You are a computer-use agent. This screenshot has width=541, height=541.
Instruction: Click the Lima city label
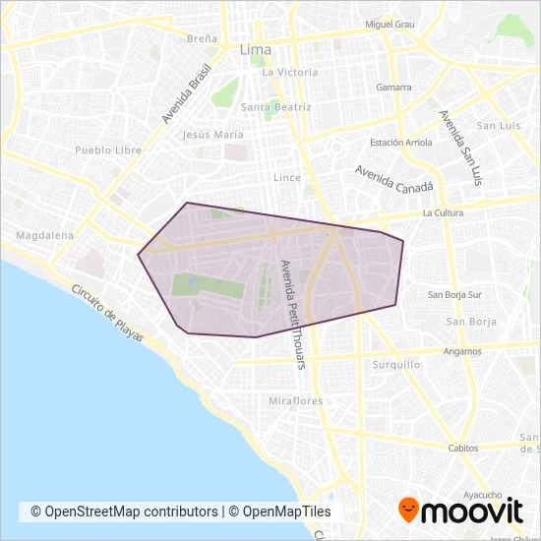(256, 48)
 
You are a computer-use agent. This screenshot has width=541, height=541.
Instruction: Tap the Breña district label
(202, 39)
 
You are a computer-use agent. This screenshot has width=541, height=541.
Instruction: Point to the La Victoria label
(289, 72)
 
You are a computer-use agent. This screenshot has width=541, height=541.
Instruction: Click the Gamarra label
(393, 88)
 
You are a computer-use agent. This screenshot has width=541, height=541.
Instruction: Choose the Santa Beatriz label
(275, 106)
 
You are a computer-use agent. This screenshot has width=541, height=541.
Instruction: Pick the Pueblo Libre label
(108, 150)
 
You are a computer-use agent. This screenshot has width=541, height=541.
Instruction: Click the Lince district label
(286, 178)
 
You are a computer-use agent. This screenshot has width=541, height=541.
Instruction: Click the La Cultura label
(441, 212)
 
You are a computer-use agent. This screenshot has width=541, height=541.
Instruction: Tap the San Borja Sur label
(454, 294)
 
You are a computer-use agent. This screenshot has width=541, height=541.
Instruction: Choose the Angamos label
(462, 351)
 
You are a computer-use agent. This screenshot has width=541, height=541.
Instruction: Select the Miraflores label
(295, 401)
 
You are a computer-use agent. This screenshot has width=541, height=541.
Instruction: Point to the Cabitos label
(462, 448)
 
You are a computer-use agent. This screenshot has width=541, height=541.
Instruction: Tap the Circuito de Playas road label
(106, 314)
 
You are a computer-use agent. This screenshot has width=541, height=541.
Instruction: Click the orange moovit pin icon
(407, 510)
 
